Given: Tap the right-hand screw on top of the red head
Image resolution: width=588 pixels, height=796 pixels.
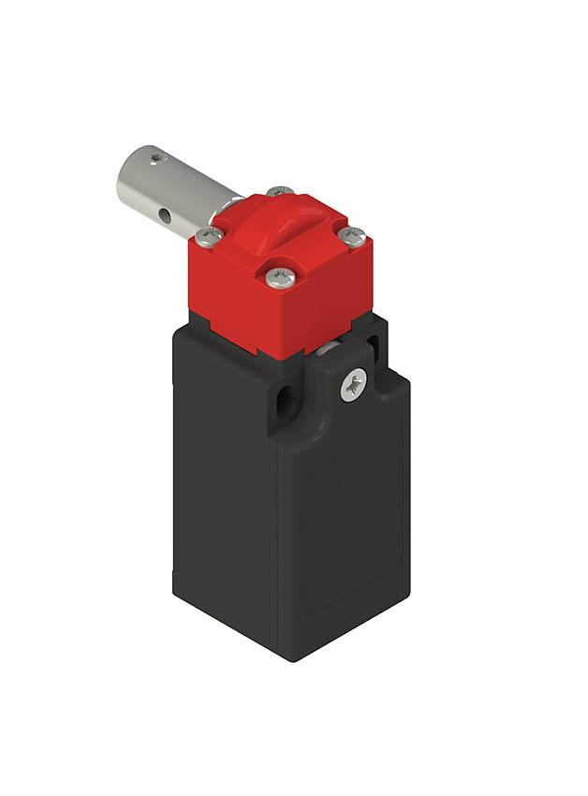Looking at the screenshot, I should tap(352, 235).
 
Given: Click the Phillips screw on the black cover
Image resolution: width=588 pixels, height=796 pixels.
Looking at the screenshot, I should tap(353, 384).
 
